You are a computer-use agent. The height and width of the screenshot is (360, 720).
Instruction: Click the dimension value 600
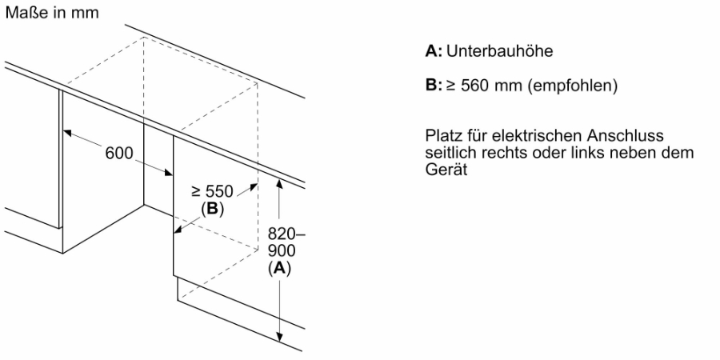pyautogui.click(x=119, y=153)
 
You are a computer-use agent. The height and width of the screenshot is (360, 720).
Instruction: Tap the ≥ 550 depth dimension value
pyautogui.click(x=213, y=191)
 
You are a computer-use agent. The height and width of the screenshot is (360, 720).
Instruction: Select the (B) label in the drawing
pyautogui.click(x=212, y=209)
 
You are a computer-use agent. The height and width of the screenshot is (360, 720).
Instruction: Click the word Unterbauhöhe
pyautogui.click(x=499, y=51)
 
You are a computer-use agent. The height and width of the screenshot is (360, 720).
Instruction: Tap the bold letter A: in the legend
pyautogui.click(x=434, y=51)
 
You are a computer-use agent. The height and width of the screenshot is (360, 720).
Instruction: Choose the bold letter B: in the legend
pyautogui.click(x=434, y=86)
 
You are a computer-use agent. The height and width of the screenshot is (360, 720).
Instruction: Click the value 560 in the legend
pyautogui.click(x=475, y=86)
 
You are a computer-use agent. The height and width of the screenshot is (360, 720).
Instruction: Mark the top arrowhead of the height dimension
pyautogui.click(x=278, y=184)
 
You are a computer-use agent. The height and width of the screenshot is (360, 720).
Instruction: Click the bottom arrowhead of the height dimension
pyautogui.click(x=278, y=338)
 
